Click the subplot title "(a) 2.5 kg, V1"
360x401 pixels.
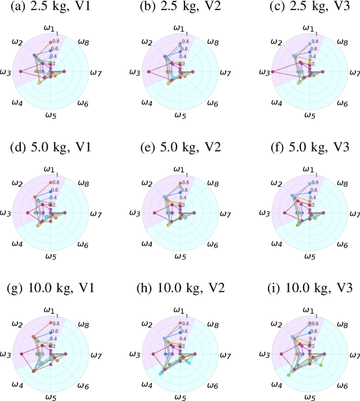point(51,7)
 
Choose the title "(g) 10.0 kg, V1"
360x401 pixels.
point(51,289)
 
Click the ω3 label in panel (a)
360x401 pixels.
point(6,72)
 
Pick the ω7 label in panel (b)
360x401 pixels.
point(226,72)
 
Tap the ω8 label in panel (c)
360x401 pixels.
point(343,41)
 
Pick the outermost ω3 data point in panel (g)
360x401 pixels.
point(21,354)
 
